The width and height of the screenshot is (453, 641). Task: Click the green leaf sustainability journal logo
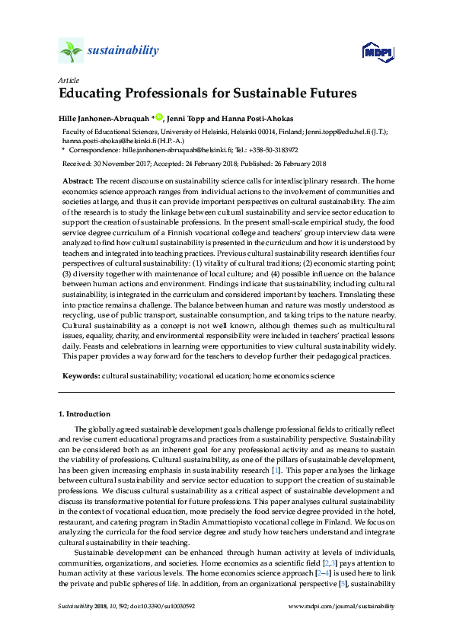click(x=71, y=52)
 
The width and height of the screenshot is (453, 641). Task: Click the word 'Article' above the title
click(x=67, y=80)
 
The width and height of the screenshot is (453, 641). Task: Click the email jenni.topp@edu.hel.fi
click(x=337, y=132)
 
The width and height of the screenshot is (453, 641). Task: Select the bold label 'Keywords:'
click(x=81, y=376)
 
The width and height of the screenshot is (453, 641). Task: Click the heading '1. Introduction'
click(x=85, y=414)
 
